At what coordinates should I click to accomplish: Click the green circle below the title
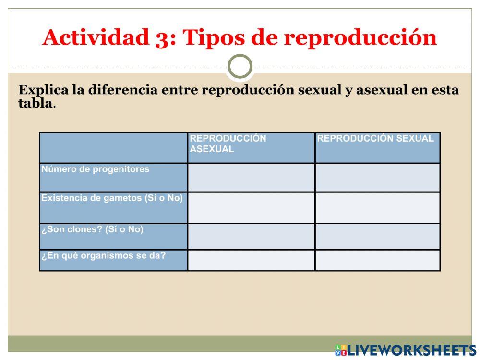240,67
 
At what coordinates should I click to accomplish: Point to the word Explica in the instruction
44,90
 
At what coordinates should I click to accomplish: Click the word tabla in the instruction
35,103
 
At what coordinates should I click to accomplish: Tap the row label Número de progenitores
96,169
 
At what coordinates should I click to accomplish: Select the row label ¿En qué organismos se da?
104,256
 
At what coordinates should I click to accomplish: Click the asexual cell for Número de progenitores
251,178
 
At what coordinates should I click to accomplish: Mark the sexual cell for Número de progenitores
378,178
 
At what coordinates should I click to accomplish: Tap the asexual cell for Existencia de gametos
251,207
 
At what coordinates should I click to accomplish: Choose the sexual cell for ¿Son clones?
378,236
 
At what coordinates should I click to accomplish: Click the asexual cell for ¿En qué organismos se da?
251,260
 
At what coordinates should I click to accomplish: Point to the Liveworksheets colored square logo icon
341,350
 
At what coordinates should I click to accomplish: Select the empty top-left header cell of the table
113,148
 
